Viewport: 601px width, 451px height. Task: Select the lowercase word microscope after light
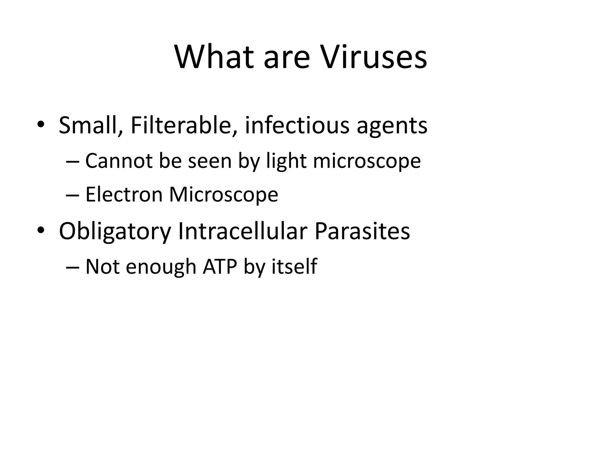367,161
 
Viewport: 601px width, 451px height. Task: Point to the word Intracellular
242,231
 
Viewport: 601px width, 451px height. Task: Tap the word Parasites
362,231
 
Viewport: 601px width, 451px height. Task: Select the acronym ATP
220,267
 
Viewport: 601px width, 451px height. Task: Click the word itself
294,267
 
